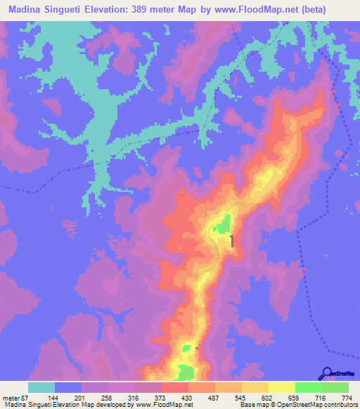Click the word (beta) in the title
coord(337,11)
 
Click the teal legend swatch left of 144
coord(41,387)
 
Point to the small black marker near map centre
coord(232,242)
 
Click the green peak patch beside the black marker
coord(222,226)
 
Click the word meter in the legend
coord(10,397)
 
